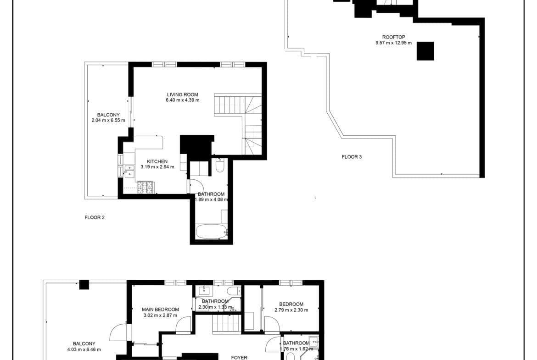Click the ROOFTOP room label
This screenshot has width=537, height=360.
coord(393,37)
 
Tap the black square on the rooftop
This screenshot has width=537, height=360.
coord(425,51)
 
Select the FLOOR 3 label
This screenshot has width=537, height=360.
coord(352,157)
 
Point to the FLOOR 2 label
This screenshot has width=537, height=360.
coord(95,217)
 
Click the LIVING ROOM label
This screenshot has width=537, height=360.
coord(183,94)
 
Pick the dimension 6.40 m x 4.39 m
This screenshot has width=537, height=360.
coord(183,100)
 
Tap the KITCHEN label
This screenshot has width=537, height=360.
coord(157,161)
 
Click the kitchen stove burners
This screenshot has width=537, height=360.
coord(145,187)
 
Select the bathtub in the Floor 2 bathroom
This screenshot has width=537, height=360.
coord(211,232)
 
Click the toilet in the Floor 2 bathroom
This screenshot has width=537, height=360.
coord(220,165)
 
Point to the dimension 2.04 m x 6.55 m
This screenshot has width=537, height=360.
coord(108,121)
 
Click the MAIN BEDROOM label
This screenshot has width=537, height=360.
coord(160,310)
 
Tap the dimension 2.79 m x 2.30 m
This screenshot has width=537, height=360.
coord(291,310)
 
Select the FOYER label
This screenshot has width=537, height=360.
coord(239,358)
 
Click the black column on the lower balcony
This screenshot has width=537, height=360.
coord(84,285)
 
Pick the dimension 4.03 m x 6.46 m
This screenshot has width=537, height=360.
coord(84,349)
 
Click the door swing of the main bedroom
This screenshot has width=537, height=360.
coord(183,324)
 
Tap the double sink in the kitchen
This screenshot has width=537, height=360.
coord(129,171)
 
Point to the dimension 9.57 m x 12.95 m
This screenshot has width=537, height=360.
coord(393,43)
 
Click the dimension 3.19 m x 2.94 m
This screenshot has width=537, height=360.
coord(157,167)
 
